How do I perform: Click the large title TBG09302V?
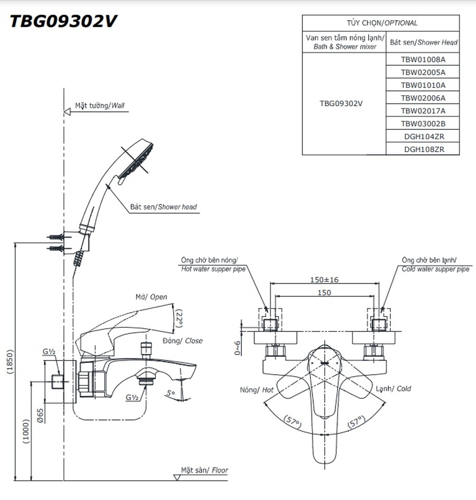(x=62, y=21)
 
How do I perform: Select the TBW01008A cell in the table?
(x=422, y=59)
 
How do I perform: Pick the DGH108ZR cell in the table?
(x=422, y=149)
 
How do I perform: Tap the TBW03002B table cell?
(x=422, y=123)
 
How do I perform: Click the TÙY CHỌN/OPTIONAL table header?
(x=381, y=23)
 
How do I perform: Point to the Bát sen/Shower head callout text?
(x=164, y=207)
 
